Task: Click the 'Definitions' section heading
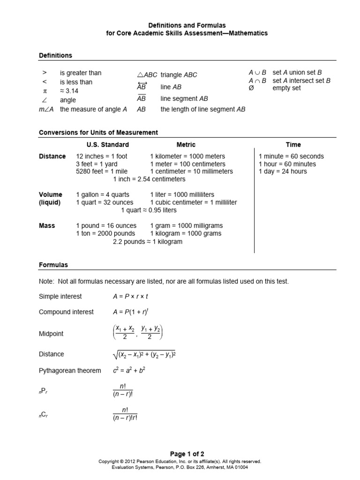tap(55, 55)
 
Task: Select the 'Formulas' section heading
tap(53, 265)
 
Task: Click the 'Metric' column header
tap(186, 145)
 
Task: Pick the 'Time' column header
tap(293, 145)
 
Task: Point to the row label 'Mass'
tap(47, 225)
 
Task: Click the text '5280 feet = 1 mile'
tap(101, 172)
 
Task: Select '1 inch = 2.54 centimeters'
tap(150, 179)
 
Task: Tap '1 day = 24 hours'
tap(283, 172)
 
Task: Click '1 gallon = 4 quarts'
tap(103, 195)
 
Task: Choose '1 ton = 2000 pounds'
tap(105, 233)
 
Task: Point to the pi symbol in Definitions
tap(45, 91)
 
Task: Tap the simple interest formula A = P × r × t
tap(127, 296)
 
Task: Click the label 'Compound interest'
tap(66, 312)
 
